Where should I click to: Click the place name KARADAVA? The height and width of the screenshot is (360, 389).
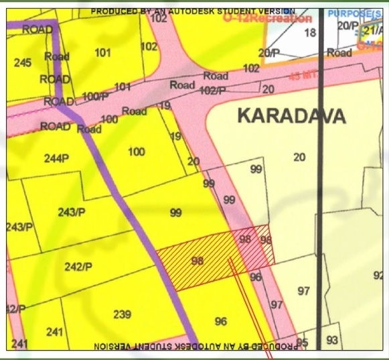point(291,116)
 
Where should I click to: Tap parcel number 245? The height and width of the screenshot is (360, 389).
point(22,63)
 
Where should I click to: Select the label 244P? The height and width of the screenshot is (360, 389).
point(56,159)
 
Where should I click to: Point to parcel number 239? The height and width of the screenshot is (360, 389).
point(122,314)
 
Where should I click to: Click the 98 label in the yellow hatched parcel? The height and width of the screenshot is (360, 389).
point(197,261)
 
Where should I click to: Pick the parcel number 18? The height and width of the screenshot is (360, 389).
point(309,33)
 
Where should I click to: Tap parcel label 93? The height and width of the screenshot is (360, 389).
point(332,341)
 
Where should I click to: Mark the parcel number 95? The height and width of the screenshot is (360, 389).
point(302,343)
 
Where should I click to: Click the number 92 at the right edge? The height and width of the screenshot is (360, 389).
point(378,275)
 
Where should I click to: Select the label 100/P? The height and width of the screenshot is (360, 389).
point(96,97)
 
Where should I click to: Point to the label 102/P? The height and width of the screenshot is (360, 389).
point(212,90)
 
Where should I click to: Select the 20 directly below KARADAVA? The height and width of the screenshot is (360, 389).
point(299,157)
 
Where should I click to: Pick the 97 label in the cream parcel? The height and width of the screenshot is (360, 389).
point(304,291)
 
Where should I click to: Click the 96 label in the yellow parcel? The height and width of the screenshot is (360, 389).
point(221,322)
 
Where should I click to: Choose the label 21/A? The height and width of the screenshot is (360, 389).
point(372,32)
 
